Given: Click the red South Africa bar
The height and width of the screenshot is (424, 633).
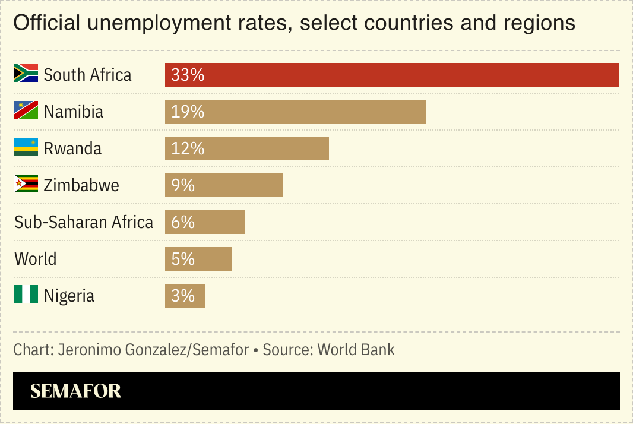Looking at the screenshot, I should coord(392,75).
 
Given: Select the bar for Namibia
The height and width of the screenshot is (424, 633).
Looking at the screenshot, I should coord(296,112).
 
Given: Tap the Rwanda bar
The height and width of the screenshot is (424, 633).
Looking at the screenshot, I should coord(247,148).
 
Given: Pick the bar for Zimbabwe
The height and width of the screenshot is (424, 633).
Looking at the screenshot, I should coord(224,185).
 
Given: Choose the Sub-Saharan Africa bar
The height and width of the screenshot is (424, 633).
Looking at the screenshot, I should coord(205,222).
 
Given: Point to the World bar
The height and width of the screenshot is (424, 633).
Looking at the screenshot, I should coord(198,259).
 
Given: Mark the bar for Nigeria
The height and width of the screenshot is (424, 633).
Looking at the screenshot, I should coord(185,296).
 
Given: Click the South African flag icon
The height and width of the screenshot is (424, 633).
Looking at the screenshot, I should coord(26,73).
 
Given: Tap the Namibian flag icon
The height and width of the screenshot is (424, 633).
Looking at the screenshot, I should coord(26,110).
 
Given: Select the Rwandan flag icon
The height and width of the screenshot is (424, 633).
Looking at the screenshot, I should coord(26,147).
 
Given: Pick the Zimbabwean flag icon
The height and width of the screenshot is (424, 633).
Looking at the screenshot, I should coord(26,184).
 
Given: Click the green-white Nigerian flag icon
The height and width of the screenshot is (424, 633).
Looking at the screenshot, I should coord(26,294).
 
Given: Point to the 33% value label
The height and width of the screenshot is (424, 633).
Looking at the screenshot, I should coord(188,75).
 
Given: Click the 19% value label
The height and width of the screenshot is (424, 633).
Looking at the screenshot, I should coord(188,112).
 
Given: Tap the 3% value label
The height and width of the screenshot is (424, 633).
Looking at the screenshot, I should coord(183,296).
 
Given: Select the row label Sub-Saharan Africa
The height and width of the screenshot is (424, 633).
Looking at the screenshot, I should coord(84,222).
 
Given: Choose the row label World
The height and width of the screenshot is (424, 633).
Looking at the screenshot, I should coord(36,259).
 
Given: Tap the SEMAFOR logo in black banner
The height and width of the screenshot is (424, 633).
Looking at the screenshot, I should coord(75,391).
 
